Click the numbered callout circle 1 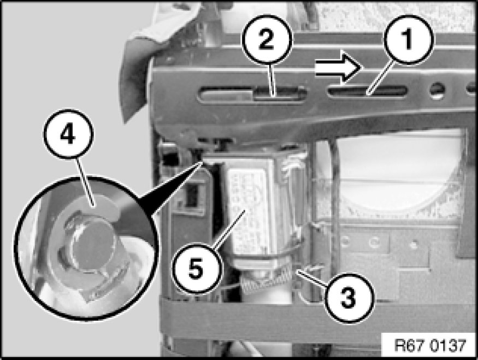(x=408, y=39)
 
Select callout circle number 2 (x=267, y=39)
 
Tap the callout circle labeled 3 (x=348, y=297)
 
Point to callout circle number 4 (x=68, y=134)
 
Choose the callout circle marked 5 (x=196, y=269)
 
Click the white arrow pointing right (x=338, y=67)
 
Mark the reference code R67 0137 (x=430, y=345)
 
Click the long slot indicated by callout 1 (x=368, y=91)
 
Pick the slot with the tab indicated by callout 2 (x=252, y=94)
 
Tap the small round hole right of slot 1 (x=438, y=90)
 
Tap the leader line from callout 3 (x=312, y=278)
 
